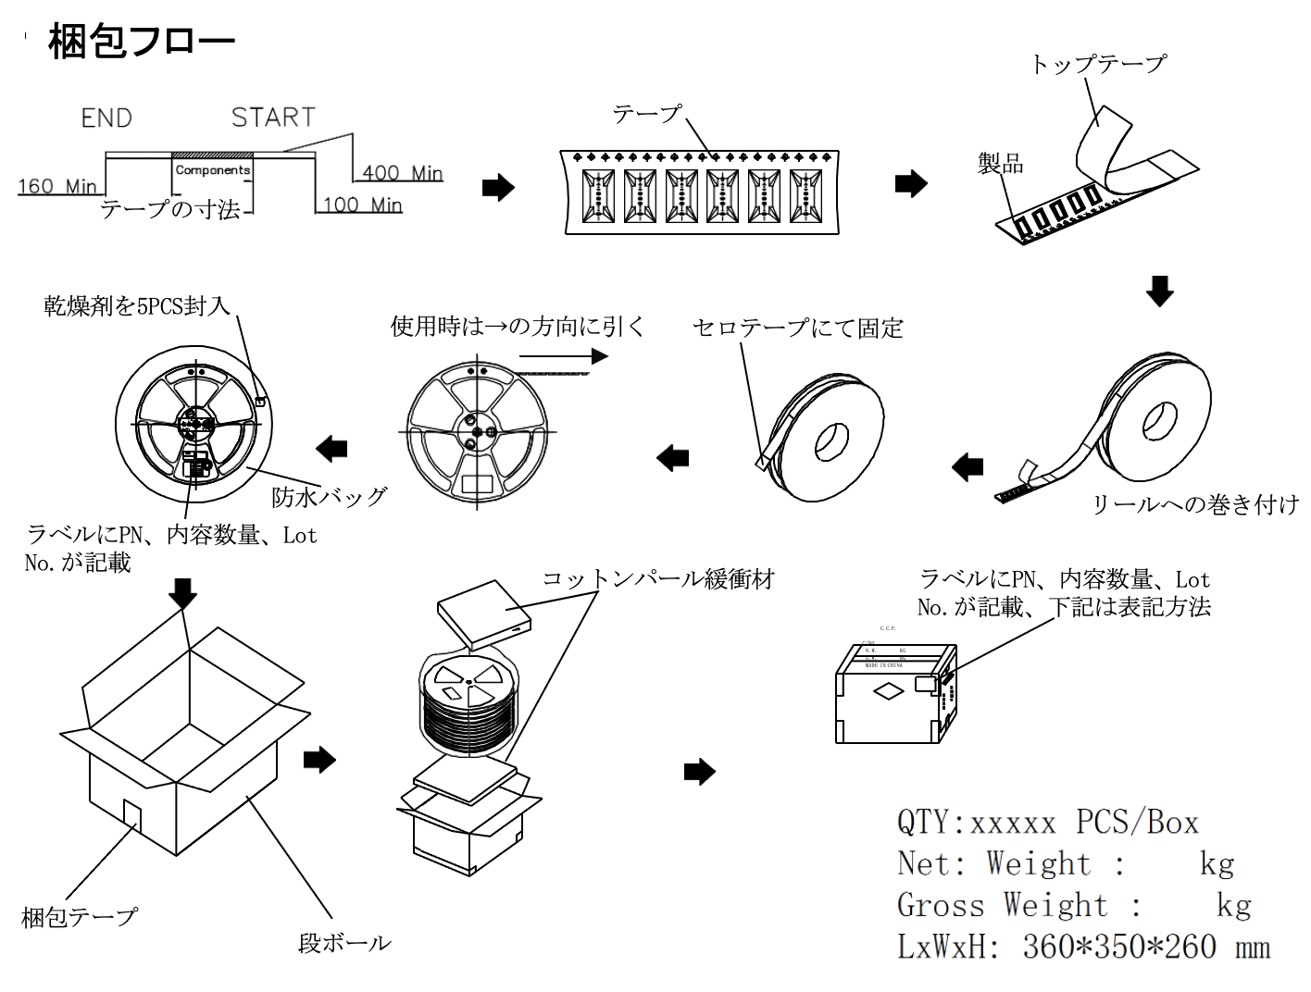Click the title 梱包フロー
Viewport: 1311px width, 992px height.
click(142, 42)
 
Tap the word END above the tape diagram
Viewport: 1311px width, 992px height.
click(106, 118)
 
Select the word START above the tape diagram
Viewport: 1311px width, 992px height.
click(273, 118)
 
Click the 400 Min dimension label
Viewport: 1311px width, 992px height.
click(402, 173)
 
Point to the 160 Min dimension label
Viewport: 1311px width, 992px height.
click(56, 187)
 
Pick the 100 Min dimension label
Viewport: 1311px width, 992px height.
click(362, 205)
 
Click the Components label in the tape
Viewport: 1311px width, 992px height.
click(213, 170)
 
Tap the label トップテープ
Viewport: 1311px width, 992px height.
click(1097, 63)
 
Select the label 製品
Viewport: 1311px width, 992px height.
click(1001, 165)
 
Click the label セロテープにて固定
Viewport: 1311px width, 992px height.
click(798, 329)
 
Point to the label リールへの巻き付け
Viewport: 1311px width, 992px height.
click(1195, 505)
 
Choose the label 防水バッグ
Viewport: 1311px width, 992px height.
click(329, 497)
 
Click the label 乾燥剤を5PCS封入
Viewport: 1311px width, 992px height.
click(137, 305)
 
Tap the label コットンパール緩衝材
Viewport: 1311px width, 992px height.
click(658, 580)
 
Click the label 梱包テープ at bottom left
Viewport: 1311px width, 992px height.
click(79, 917)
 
